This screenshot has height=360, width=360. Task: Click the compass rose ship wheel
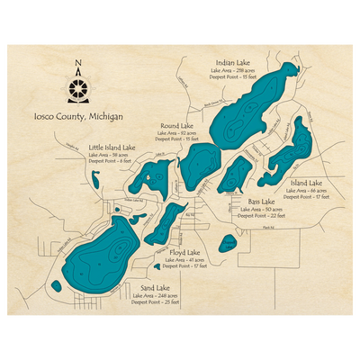pyautogui.click(x=79, y=88)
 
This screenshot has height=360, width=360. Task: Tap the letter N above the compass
pyautogui.click(x=79, y=63)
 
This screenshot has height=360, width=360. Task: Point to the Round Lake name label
pyautogui.click(x=176, y=126)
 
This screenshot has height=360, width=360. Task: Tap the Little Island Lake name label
pyautogui.click(x=112, y=146)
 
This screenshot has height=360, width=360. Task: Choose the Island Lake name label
pyautogui.click(x=308, y=182)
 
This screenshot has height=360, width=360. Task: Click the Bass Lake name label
pyautogui.click(x=261, y=202)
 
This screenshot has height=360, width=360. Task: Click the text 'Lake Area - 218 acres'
pyautogui.click(x=233, y=68)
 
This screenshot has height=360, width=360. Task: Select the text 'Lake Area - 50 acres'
pyautogui.click(x=261, y=210)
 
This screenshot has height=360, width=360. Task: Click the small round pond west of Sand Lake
pyautogui.click(x=57, y=286)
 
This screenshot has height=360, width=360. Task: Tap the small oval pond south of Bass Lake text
pyautogui.click(x=229, y=243)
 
